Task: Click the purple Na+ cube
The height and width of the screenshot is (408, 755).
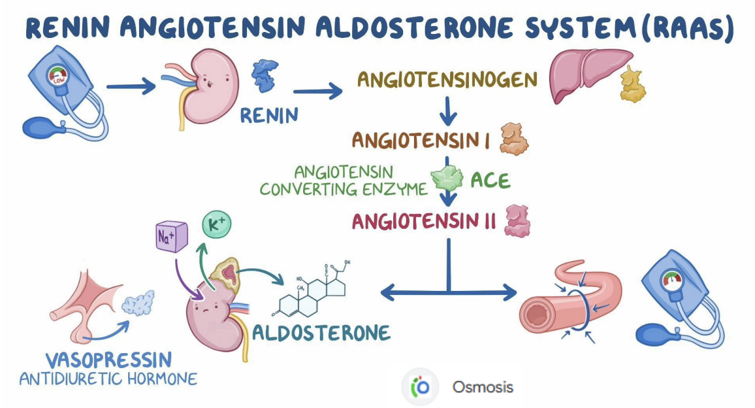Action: tap(171, 236)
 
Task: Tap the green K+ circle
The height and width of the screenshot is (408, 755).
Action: tap(217, 225)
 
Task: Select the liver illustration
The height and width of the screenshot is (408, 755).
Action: tap(591, 75)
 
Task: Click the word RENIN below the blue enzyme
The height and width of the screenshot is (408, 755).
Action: tap(269, 116)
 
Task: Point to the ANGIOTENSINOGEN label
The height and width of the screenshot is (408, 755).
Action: tap(447, 80)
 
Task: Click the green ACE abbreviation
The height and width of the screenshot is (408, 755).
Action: tap(490, 180)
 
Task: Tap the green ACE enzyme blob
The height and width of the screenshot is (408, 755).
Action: tap(447, 178)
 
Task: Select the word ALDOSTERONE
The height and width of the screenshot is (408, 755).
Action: tap(321, 333)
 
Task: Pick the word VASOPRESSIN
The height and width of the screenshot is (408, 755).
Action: tap(109, 360)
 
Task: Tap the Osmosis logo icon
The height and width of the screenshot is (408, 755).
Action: tap(421, 387)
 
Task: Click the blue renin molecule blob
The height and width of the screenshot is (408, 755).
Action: tap(265, 75)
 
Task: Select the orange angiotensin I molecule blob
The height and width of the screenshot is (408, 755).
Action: tap(514, 139)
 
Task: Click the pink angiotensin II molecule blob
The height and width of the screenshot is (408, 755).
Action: tap(517, 221)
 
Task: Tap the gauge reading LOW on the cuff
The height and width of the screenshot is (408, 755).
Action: tap(59, 76)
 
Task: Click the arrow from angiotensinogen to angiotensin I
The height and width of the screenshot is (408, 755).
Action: tap(448, 111)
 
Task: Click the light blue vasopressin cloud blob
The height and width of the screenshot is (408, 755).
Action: tap(138, 302)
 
